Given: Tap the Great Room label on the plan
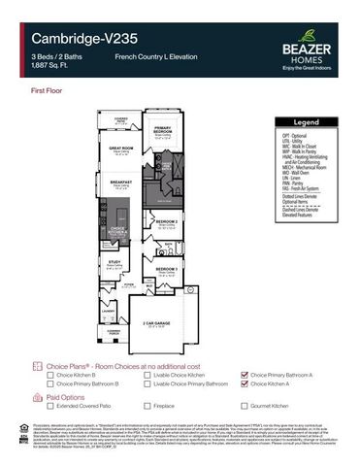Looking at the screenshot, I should pyautogui.click(x=120, y=149).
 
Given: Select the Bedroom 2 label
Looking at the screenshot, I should pyautogui.click(x=165, y=220).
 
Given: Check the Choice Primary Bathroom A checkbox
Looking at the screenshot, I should pyautogui.click(x=244, y=374).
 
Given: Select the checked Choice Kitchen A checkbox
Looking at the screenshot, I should pyautogui.click(x=244, y=383).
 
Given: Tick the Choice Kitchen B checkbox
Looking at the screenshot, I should pyautogui.click(x=49, y=374).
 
